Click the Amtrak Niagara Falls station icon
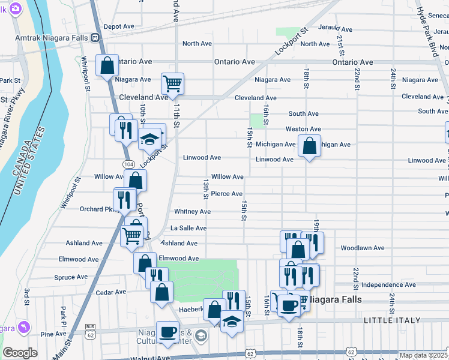(95, 38)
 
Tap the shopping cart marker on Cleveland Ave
(172, 83)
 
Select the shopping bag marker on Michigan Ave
(309, 146)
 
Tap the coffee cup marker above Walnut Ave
(167, 331)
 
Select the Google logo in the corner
(20, 353)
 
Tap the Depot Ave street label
(119, 26)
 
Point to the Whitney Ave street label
(192, 212)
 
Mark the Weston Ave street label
(303, 129)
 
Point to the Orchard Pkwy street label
(96, 209)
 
